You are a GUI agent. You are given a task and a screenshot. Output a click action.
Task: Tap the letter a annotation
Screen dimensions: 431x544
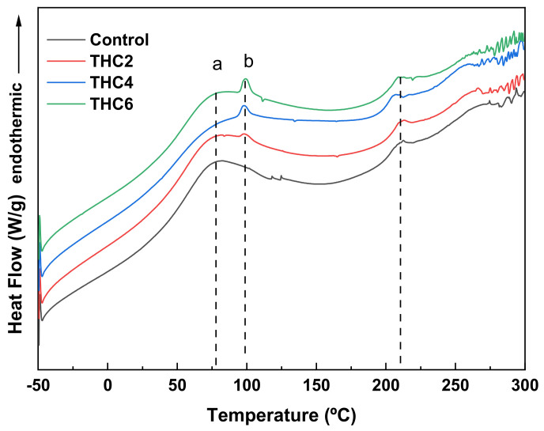coord(217,65)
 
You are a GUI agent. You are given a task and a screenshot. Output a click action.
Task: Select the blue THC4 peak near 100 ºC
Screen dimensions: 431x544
coord(244,106)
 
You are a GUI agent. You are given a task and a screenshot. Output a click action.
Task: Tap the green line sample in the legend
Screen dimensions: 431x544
coord(66,101)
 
